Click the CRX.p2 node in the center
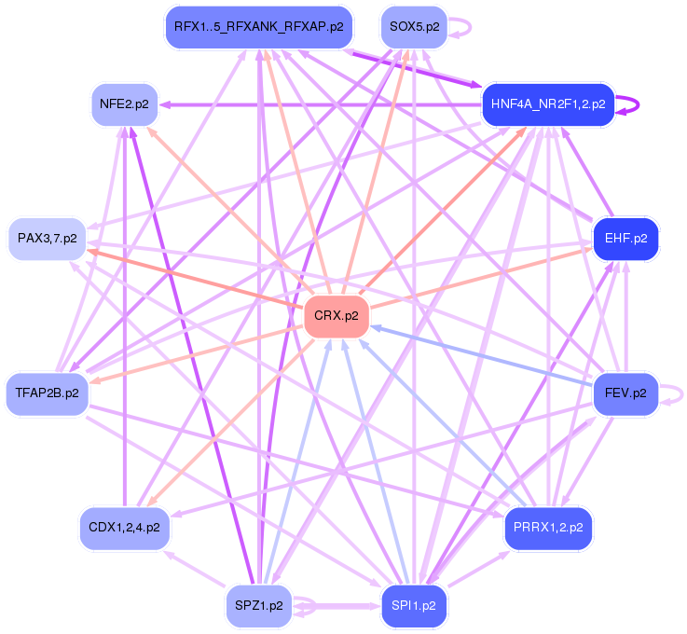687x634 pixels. [x=337, y=315]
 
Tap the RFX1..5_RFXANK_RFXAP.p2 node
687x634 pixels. [x=258, y=27]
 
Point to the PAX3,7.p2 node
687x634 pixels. [x=47, y=239]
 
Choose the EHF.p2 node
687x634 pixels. [x=625, y=239]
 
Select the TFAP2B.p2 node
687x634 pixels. [x=47, y=393]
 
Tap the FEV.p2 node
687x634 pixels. [x=625, y=393]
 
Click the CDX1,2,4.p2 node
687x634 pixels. [x=124, y=527]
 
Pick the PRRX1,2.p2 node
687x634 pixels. [x=548, y=527]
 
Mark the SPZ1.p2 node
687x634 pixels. [x=258, y=605]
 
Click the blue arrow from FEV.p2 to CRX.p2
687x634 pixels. [x=485, y=355]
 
